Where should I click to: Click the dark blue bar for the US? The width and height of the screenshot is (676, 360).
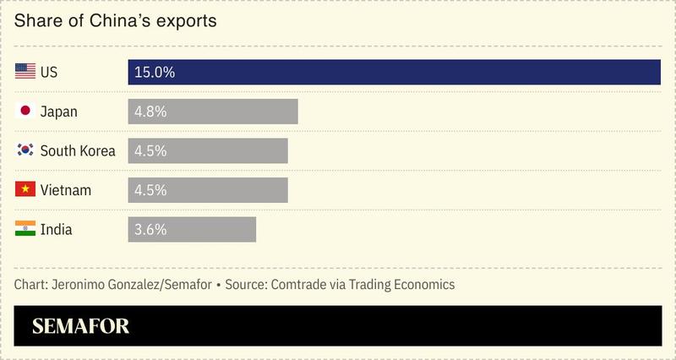pyautogui.click(x=394, y=73)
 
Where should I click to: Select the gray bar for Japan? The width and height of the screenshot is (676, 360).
pyautogui.click(x=213, y=112)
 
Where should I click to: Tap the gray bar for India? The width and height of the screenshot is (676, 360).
pyautogui.click(x=192, y=229)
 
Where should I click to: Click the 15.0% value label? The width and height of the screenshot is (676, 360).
pyautogui.click(x=154, y=73)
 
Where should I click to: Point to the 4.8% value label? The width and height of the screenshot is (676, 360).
pyautogui.click(x=150, y=112)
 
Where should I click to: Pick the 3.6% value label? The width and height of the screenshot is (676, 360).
pyautogui.click(x=150, y=229)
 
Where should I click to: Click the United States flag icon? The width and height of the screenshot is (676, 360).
pyautogui.click(x=25, y=73)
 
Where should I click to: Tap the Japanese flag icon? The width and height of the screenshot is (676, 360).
pyautogui.click(x=25, y=112)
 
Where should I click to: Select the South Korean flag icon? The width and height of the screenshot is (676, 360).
pyautogui.click(x=25, y=150)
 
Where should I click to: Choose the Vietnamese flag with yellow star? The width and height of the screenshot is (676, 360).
pyautogui.click(x=25, y=190)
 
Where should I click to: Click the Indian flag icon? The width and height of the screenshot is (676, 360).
pyautogui.click(x=25, y=229)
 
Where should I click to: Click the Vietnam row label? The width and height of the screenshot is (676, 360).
pyautogui.click(x=65, y=190)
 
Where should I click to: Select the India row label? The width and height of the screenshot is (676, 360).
pyautogui.click(x=57, y=229)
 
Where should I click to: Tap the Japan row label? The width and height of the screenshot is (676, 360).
pyautogui.click(x=59, y=112)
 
